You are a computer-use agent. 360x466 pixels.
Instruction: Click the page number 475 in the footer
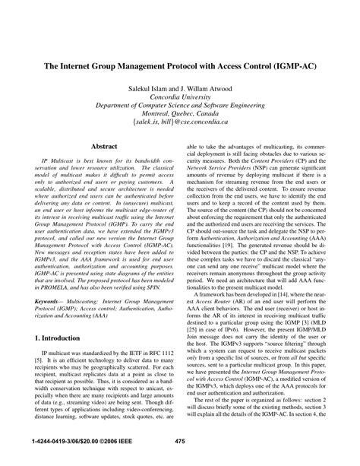pos(180,442)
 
